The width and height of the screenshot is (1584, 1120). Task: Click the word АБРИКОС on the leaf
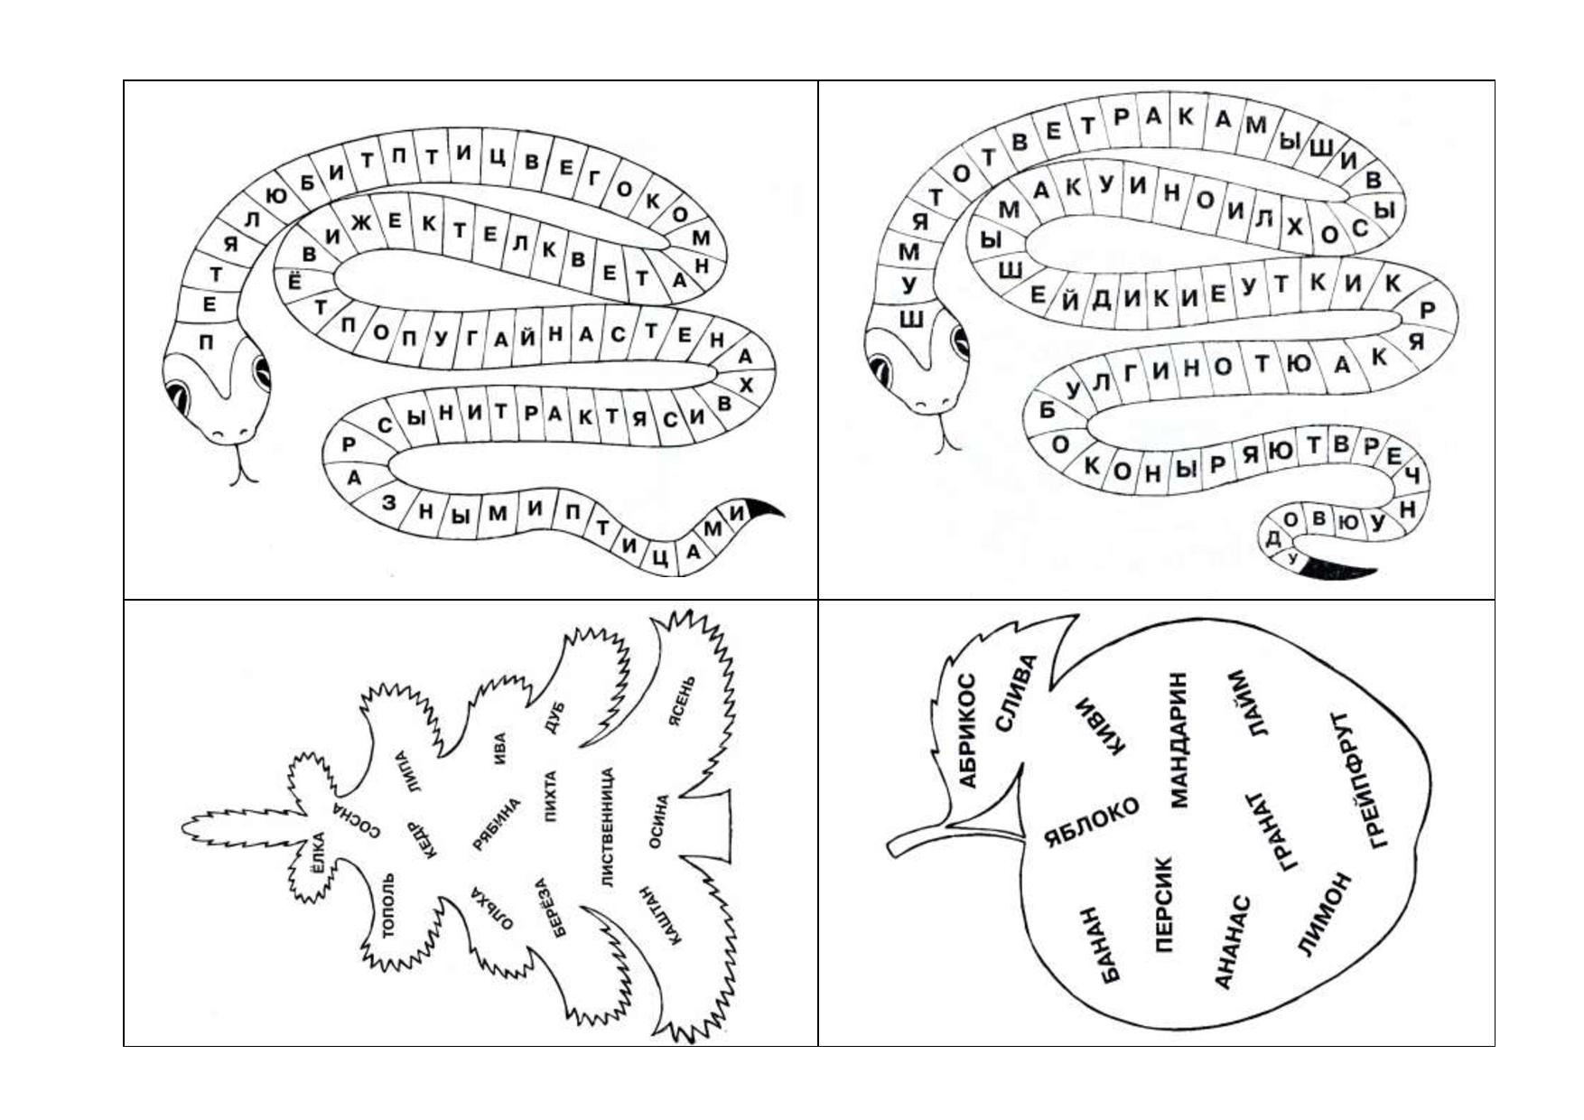(x=967, y=731)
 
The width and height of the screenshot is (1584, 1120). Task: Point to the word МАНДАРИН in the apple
(x=1179, y=739)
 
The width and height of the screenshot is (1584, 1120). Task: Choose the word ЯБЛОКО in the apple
(x=1092, y=822)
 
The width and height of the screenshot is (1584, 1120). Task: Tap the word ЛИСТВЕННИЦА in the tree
(x=607, y=827)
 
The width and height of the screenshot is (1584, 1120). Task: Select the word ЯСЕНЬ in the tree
(x=682, y=702)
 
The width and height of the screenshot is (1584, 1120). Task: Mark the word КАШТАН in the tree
(x=660, y=915)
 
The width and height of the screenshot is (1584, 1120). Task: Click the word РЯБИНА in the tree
(x=497, y=825)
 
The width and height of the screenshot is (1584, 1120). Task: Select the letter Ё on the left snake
(x=294, y=280)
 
